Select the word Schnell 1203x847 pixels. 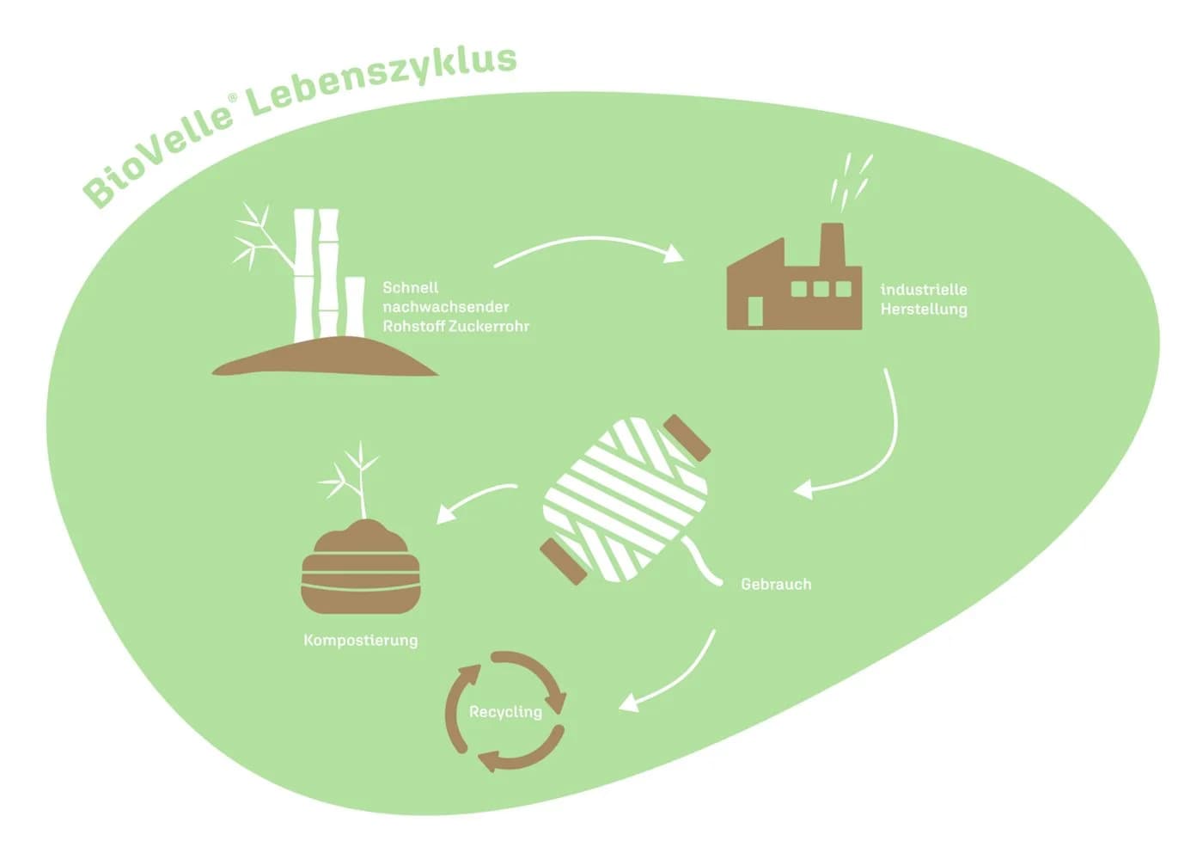pyautogui.click(x=411, y=287)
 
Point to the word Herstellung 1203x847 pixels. pyautogui.click(x=924, y=310)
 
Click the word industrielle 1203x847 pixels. pyautogui.click(x=924, y=290)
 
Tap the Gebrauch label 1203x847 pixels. pyautogui.click(x=776, y=584)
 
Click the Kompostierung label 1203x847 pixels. pyautogui.click(x=360, y=641)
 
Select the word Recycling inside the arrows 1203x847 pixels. pyautogui.click(x=505, y=712)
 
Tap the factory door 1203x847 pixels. pyautogui.click(x=755, y=311)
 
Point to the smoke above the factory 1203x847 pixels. pyautogui.click(x=852, y=180)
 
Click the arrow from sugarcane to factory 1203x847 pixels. pyautogui.click(x=588, y=238)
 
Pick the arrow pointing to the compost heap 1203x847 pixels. pyautogui.click(x=473, y=497)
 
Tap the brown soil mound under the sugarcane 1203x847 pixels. pyautogui.click(x=325, y=358)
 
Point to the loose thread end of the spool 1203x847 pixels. pyautogui.click(x=703, y=562)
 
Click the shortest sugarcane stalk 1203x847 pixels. pyautogui.click(x=354, y=307)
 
